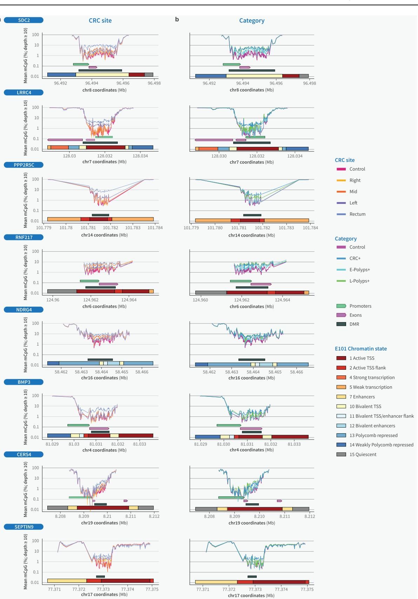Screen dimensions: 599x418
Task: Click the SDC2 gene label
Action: coord(24,20)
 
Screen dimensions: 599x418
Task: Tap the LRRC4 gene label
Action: coord(24,93)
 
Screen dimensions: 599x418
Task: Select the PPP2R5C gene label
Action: coord(24,165)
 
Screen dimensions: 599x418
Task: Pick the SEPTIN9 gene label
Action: coord(24,527)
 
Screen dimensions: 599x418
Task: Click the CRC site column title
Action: coord(100,20)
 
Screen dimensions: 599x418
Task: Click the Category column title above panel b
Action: coord(252,20)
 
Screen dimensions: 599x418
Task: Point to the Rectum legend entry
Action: coord(357,214)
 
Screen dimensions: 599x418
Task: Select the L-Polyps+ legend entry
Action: coord(359,281)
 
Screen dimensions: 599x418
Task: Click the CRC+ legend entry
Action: coord(355,258)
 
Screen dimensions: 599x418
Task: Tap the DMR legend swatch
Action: coord(341,324)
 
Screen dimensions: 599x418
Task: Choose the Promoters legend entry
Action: coord(360,306)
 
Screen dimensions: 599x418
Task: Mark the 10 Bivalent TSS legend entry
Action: coord(365,407)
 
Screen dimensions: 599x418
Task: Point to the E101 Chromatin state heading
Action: coord(361,349)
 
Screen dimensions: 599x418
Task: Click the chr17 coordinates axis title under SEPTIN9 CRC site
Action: coord(104,594)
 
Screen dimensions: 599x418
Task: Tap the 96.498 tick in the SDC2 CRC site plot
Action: coord(154,83)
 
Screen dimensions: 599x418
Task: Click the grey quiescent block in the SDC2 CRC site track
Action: coord(149,75)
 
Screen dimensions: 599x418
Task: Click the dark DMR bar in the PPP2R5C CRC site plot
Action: coord(100,215)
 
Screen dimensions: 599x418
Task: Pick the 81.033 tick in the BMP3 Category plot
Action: coord(294,444)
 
